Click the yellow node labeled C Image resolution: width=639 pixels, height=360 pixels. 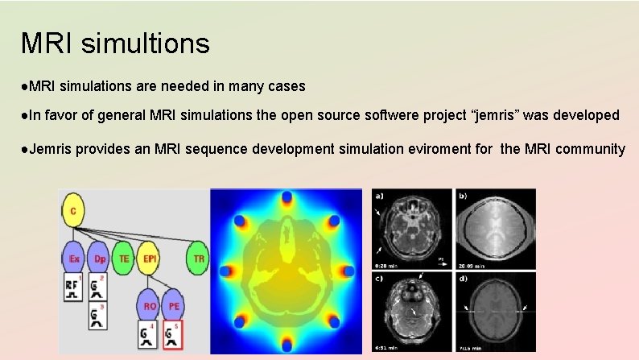72,211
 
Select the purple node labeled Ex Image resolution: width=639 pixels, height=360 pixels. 73,259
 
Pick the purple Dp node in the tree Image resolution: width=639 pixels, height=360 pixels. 99,259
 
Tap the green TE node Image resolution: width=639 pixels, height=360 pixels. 123,259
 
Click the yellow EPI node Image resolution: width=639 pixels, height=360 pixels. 149,259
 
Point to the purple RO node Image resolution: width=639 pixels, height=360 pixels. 149,306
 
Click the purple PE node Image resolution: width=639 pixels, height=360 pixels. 174,306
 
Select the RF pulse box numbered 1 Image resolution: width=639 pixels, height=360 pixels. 73,288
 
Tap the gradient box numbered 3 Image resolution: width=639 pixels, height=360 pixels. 99,317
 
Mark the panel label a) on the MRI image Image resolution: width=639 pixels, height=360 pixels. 379,197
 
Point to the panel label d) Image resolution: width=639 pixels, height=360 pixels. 463,279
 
